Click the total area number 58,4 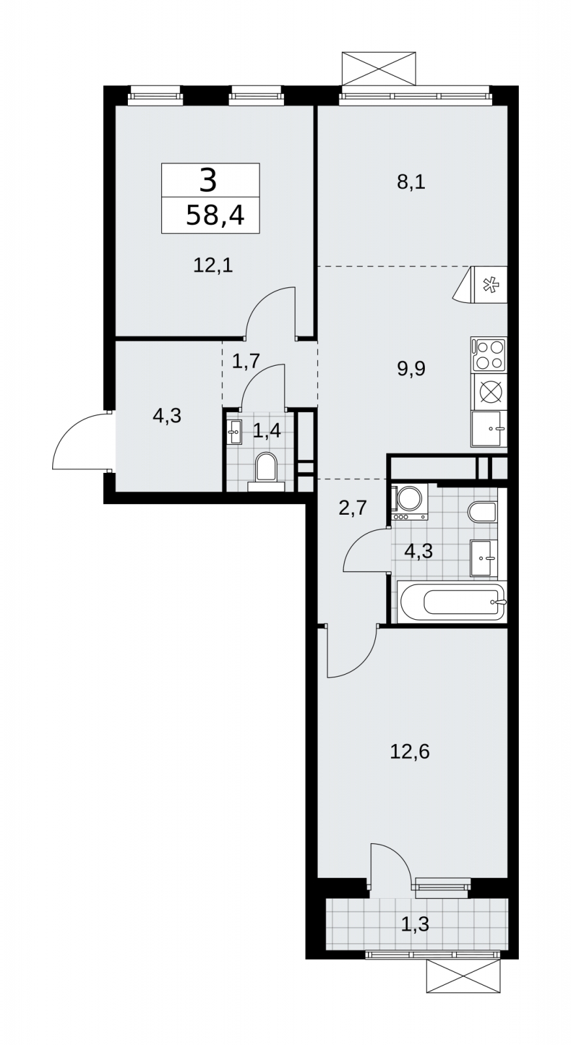[215, 216]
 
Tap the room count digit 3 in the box [208, 180]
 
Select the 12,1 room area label [213, 266]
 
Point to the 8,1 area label [411, 182]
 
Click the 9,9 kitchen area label [411, 369]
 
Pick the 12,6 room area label [410, 765]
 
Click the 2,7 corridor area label [353, 507]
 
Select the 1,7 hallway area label [245, 361]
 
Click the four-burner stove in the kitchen [489, 355]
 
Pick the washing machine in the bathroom [409, 503]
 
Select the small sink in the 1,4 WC [234, 432]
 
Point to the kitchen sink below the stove [489, 428]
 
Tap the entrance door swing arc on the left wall [74, 440]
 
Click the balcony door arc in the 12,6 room [391, 865]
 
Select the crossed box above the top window [378, 69]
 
